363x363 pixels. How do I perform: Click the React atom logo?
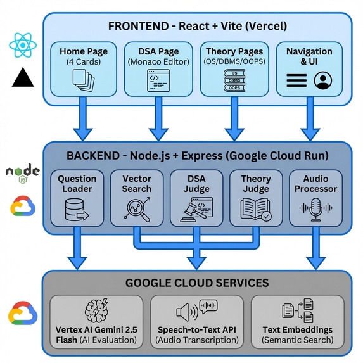[23, 45]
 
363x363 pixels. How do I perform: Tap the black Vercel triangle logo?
[23, 77]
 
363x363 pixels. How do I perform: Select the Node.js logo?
[22, 173]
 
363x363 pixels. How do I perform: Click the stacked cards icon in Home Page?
[84, 80]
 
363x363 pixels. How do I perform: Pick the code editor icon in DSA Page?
[158, 80]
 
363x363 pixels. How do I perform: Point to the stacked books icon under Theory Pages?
[234, 80]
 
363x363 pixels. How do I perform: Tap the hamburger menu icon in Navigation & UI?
[296, 80]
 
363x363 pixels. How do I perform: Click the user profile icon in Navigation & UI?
[323, 80]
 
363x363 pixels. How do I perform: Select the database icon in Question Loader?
[77, 210]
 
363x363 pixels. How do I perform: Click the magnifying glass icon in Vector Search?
[137, 209]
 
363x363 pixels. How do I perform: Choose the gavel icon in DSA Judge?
[196, 210]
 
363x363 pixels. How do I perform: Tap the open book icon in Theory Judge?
[256, 209]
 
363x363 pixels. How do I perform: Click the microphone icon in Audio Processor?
[315, 209]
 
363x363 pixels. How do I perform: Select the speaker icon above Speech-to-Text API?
[197, 310]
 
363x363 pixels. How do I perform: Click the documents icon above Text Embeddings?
[298, 310]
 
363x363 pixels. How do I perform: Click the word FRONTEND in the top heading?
[139, 26]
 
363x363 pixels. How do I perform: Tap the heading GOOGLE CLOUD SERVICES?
[197, 283]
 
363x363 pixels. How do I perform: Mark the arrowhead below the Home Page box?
[83, 134]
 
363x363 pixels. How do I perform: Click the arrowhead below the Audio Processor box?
[315, 263]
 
